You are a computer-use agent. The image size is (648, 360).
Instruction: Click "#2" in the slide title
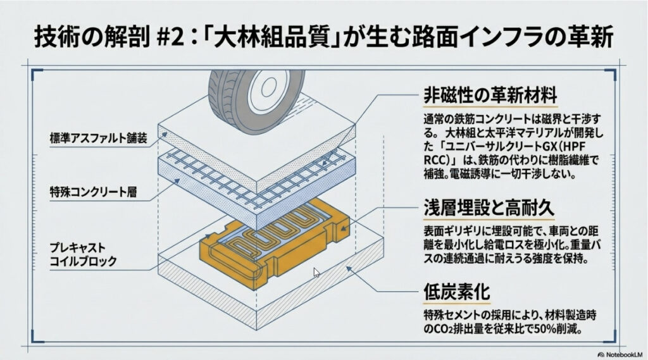[171, 37]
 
